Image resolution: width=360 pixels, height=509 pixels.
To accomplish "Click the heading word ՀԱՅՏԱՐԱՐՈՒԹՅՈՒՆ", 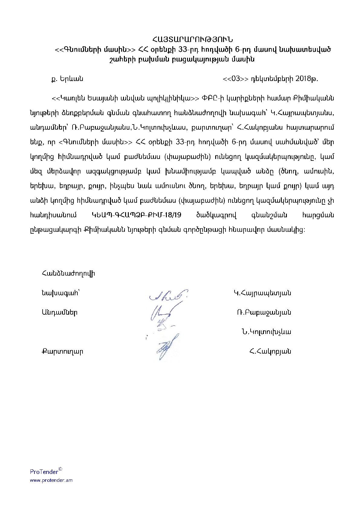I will [x=193, y=40].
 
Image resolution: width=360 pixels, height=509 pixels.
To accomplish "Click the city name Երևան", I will [x=71, y=79].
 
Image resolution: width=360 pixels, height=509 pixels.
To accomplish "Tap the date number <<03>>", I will [x=235, y=79].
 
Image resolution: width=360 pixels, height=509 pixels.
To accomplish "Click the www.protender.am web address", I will [x=51, y=480].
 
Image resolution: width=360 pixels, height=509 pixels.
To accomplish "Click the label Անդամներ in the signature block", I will [x=60, y=313].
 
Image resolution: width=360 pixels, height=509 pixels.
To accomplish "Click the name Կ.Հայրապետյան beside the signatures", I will [x=262, y=293].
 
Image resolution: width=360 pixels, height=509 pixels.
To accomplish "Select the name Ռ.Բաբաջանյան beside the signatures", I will [x=264, y=313].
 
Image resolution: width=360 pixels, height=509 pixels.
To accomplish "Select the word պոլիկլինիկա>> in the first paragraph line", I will [x=173, y=98].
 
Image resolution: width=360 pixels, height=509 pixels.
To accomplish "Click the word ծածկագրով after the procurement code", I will [x=216, y=215].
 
